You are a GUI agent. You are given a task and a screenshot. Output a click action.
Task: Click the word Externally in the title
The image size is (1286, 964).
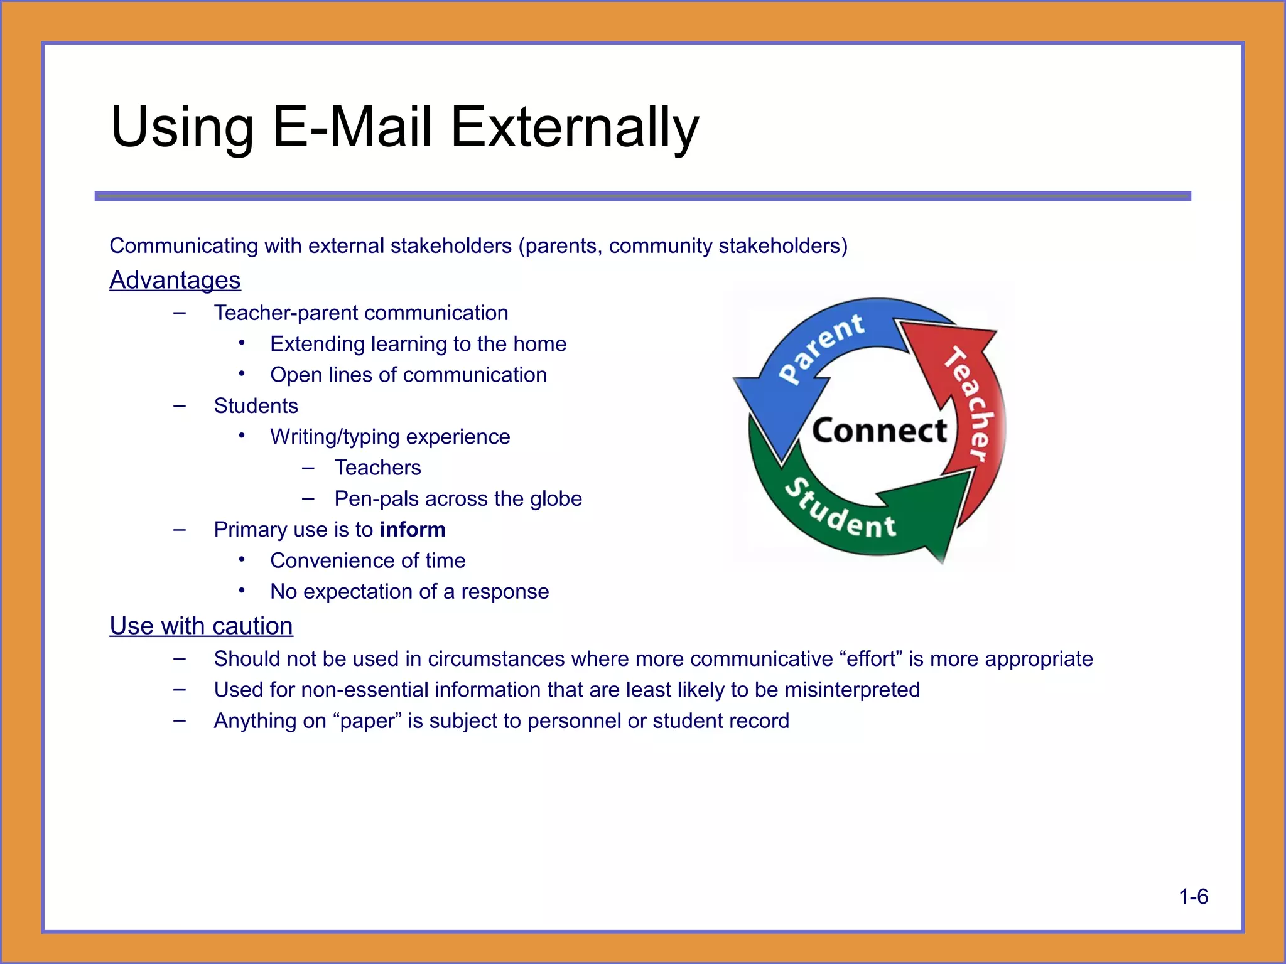574,127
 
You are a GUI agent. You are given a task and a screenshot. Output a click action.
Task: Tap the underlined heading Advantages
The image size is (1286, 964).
175,280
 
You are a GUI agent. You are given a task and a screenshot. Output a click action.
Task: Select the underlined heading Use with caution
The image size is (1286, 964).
201,626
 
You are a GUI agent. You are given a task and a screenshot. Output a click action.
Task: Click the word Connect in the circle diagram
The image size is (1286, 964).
879,431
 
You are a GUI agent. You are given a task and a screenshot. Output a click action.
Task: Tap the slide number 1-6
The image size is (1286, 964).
1193,896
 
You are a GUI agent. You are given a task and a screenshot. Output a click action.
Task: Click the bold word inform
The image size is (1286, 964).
413,530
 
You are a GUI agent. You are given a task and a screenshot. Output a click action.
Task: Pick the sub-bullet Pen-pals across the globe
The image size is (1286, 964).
458,498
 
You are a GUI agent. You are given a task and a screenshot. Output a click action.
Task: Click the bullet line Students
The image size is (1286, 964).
256,406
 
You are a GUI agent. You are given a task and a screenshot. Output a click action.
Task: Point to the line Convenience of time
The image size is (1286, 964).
367,560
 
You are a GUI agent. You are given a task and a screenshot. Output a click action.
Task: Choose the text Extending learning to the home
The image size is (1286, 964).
418,344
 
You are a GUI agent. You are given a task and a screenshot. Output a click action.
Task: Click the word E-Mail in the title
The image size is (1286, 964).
352,127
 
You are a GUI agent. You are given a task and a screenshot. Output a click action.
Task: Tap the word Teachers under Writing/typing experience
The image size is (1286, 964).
377,468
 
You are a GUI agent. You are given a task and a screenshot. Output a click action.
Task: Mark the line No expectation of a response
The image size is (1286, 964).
409,591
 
